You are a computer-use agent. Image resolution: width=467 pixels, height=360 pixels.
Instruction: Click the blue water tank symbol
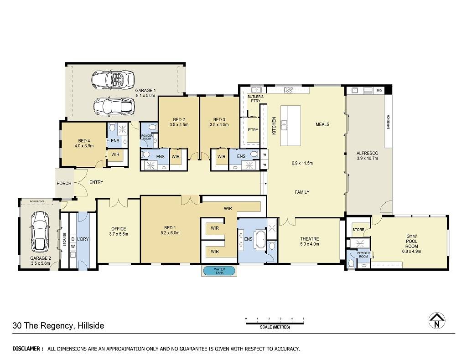219,271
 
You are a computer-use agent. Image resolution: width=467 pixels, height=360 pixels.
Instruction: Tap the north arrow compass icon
437,321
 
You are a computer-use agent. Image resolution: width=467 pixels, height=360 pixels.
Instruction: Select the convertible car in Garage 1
113,79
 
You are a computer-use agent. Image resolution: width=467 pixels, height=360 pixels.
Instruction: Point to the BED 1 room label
170,230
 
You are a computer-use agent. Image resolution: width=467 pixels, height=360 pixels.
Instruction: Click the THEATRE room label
310,241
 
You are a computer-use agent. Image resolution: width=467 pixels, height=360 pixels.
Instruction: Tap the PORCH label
64,183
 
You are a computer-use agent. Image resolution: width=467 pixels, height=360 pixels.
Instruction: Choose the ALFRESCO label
367,155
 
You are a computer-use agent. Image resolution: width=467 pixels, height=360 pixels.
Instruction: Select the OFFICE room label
119,231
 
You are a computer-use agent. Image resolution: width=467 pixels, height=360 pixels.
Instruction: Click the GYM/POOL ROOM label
412,244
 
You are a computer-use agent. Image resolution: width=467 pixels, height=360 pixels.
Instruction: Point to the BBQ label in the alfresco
379,90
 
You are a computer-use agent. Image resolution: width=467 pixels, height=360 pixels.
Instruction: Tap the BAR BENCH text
388,122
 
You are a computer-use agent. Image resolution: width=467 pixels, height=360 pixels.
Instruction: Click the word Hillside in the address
91,326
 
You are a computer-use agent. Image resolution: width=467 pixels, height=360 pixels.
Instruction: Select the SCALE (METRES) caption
275,327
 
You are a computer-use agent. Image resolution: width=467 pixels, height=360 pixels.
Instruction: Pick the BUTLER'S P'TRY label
255,99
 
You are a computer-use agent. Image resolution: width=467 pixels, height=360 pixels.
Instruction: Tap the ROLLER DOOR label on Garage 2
37,201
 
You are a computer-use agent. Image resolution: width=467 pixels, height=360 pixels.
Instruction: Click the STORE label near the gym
358,230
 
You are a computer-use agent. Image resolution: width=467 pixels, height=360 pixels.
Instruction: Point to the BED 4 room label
84,143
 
